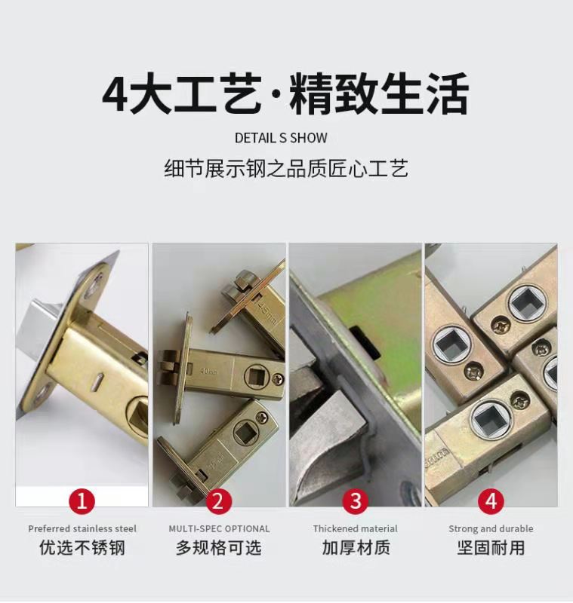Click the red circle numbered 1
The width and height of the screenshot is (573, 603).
tap(82, 500)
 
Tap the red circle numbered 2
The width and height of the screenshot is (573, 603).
tap(218, 500)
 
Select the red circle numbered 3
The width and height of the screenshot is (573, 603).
tap(356, 500)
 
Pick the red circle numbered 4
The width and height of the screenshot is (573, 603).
tap(491, 500)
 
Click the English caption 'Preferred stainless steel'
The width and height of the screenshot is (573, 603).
tap(82, 529)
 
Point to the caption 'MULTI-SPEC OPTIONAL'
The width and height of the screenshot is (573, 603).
tap(219, 529)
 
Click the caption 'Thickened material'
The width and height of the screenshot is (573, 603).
tap(355, 529)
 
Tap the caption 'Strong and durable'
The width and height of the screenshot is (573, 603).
tap(491, 529)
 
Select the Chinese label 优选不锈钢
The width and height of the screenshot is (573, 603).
tap(82, 548)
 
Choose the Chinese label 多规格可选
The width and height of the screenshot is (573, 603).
tap(219, 548)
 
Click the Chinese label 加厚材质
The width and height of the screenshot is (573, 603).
tap(356, 548)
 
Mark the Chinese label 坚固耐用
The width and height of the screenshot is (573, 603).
tap(491, 548)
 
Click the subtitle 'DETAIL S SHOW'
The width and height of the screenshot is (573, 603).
tap(281, 138)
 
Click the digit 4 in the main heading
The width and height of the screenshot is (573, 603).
tap(114, 95)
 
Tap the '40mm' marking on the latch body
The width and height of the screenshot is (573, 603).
tap(208, 371)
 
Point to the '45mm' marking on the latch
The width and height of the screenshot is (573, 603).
tap(266, 311)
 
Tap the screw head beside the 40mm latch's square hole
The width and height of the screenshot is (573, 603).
tap(278, 379)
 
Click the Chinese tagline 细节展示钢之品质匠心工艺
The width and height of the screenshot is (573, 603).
tap(286, 169)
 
